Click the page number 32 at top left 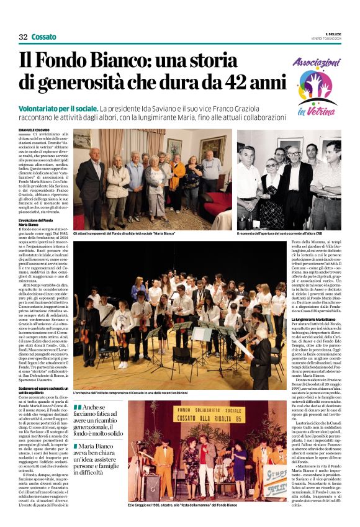click(x=23, y=37)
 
